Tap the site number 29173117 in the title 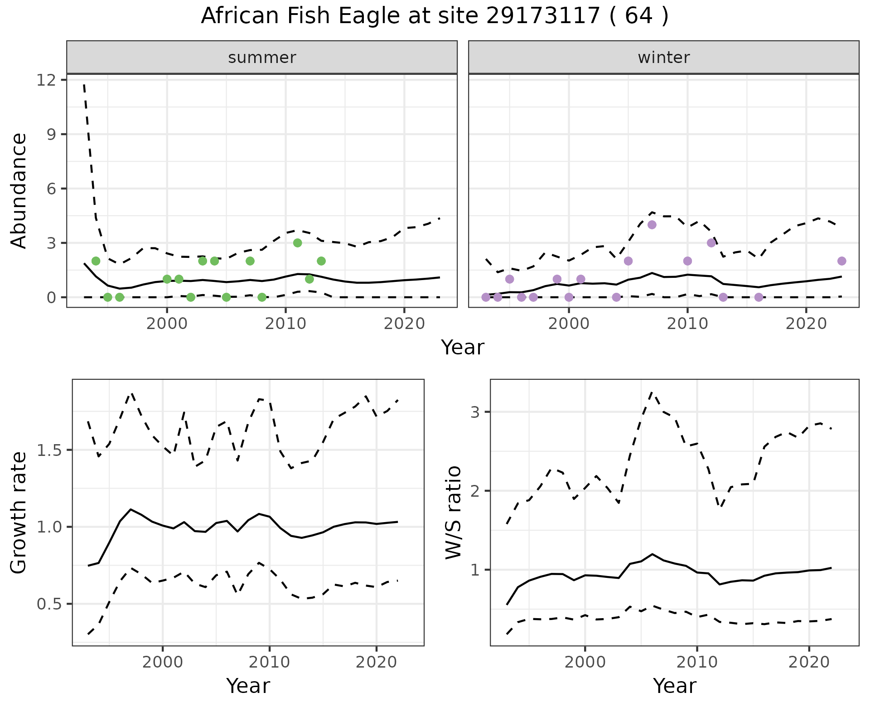click(x=543, y=16)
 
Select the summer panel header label click(x=262, y=58)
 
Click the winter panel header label click(x=663, y=58)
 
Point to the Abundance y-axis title click(x=19, y=190)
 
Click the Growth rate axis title click(x=19, y=513)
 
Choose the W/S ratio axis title click(x=453, y=513)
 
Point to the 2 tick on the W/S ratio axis click(x=476, y=491)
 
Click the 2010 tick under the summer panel click(x=285, y=324)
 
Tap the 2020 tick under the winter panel click(x=806, y=324)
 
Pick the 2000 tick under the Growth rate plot click(x=163, y=662)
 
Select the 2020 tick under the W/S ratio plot click(x=809, y=662)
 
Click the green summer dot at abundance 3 click(x=297, y=243)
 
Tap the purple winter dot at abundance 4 click(x=652, y=225)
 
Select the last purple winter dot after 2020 click(x=842, y=261)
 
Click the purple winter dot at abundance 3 click(x=711, y=243)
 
